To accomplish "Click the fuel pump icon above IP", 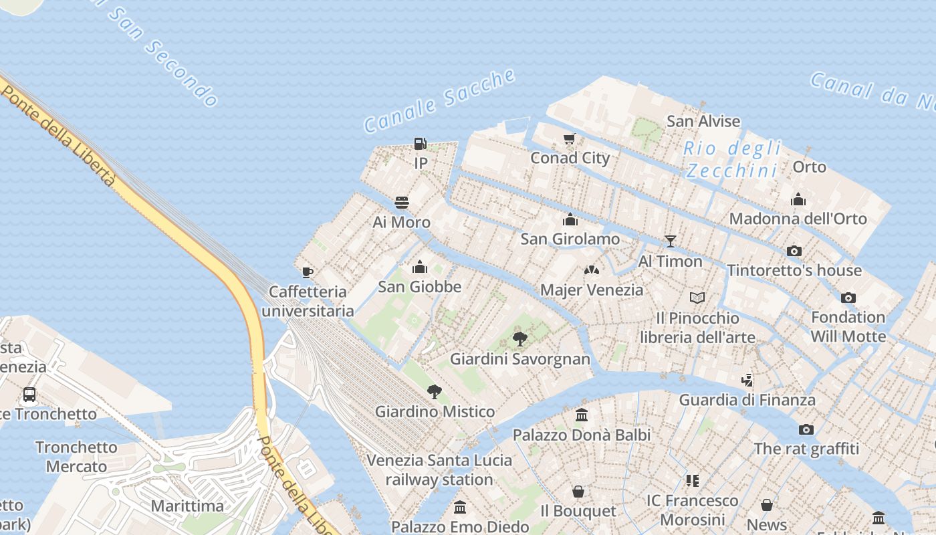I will (420, 143).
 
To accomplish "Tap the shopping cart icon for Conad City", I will (569, 138).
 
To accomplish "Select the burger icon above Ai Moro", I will (402, 202).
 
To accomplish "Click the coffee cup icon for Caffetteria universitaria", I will (308, 272).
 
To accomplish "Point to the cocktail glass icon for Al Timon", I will (671, 241).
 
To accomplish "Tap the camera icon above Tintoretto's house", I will (794, 251).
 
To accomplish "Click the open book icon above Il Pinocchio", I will (697, 298).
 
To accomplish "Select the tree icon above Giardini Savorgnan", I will (520, 339).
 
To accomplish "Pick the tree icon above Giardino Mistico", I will (435, 392).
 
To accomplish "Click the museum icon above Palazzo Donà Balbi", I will (582, 415).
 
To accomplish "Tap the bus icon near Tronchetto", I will (29, 395).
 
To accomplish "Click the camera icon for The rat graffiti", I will (806, 429).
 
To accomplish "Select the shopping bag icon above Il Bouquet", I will (578, 492).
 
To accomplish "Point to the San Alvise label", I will (703, 121).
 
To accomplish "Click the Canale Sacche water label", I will (439, 100).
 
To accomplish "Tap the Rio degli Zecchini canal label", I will (732, 159).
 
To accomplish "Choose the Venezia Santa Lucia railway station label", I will (439, 469).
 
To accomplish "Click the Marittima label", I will (187, 506).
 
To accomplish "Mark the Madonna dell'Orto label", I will (798, 219).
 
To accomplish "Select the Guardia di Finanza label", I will (747, 400).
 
